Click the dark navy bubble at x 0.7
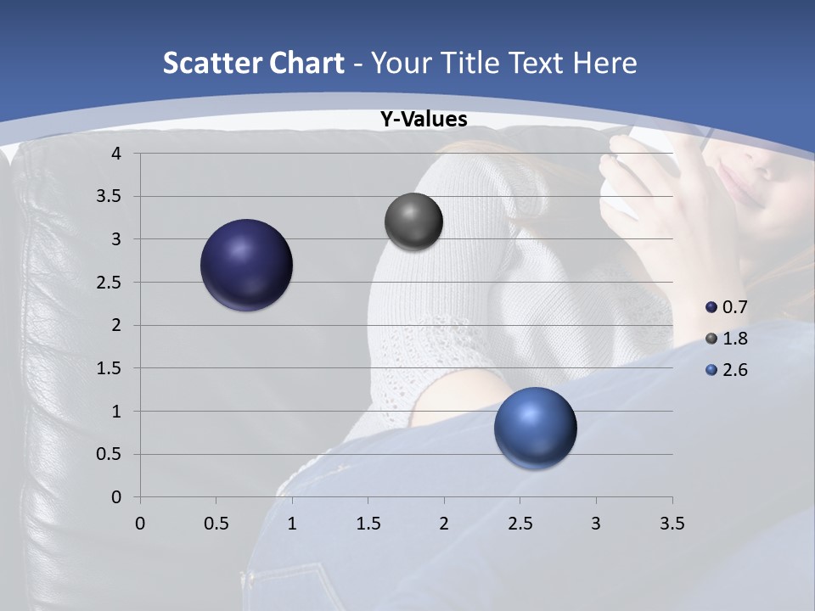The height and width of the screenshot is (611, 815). coord(247,265)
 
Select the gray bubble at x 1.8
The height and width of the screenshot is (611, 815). coord(413,221)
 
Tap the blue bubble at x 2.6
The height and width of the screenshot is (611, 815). coord(535,428)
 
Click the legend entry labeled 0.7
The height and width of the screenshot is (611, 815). coord(727,307)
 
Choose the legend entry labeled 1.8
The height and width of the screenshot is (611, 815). coord(727,339)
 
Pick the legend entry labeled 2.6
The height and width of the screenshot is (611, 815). coord(727,370)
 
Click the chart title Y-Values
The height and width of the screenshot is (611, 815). coord(423,120)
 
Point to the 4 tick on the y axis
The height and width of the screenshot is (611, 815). coord(116,154)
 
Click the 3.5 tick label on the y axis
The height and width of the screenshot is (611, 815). coord(110,196)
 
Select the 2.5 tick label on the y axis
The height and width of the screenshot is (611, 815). coord(110,282)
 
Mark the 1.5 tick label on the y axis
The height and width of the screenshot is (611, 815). coord(110,368)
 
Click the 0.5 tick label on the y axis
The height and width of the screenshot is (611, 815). coord(110,454)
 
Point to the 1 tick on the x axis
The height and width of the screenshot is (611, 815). coord(292,524)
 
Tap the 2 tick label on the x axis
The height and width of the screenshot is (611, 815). coord(444,524)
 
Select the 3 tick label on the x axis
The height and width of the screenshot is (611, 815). coord(596,524)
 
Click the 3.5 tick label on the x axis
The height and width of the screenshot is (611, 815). coord(672,524)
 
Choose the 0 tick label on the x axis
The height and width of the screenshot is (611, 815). coord(140,524)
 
